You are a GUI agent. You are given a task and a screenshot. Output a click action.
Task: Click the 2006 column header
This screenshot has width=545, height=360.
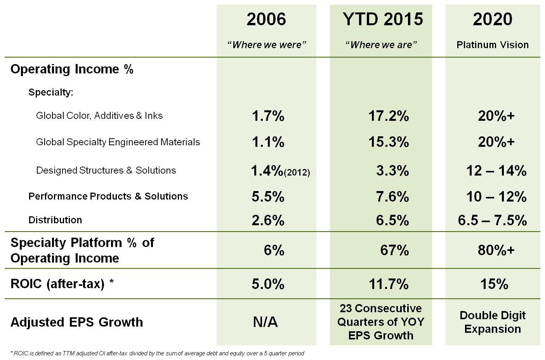266,19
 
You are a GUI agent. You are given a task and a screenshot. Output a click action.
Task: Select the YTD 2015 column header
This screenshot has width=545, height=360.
382,19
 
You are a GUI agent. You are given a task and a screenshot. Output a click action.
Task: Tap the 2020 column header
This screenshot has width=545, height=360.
492,19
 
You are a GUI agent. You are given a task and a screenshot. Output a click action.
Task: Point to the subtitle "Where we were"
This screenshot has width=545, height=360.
267,45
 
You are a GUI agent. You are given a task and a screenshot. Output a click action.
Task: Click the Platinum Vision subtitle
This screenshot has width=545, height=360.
492,45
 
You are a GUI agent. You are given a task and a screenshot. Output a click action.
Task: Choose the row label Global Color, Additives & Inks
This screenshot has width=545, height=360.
99,116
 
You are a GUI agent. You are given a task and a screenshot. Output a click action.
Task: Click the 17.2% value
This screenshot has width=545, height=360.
388,116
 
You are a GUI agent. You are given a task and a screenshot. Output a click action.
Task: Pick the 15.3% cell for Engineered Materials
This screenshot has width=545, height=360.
388,142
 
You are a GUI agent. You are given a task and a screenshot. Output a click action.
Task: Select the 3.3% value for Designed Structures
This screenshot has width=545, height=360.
392,170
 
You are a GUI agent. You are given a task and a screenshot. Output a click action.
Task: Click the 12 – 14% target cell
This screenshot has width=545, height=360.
496,170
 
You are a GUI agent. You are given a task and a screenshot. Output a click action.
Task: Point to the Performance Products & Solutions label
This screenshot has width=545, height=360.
108,196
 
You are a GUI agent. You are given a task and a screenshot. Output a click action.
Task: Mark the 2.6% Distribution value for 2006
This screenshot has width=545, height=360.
268,220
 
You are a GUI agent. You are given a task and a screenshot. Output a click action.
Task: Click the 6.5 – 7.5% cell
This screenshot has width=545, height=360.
492,220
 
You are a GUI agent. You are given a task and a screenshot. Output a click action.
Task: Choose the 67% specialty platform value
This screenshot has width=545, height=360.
394,250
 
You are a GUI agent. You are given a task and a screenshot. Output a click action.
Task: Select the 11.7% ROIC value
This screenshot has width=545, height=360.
388,284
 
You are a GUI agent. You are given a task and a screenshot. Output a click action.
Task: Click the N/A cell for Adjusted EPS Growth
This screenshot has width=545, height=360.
266,322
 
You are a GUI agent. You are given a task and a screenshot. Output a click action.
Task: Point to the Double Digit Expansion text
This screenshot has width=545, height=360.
492,322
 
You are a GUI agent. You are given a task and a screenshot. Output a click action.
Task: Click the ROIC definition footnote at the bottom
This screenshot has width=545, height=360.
157,353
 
